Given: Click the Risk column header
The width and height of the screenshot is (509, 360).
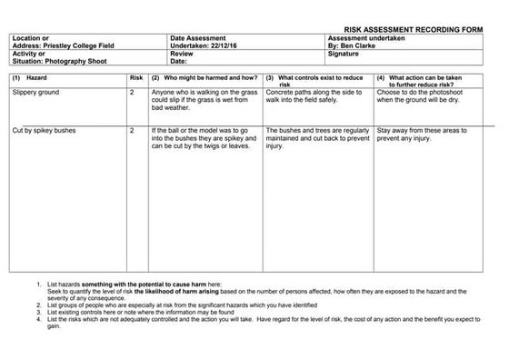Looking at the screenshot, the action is point(136,78).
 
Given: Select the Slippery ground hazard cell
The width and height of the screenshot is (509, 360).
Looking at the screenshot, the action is point(36,93).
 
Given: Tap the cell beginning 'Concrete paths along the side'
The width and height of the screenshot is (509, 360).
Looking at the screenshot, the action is point(315,96).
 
